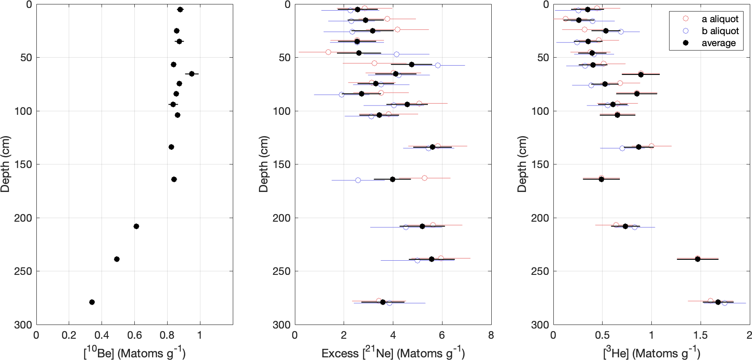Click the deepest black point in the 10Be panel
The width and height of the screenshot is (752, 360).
[92, 302]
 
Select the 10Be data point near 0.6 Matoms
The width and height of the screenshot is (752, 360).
[136, 226]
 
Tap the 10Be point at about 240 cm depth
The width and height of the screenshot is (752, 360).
[117, 259]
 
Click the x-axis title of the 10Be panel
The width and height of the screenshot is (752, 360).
[134, 352]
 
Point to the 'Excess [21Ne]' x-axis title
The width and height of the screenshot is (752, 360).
[393, 352]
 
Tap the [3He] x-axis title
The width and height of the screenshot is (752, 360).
[651, 352]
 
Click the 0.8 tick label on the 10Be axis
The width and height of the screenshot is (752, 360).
[167, 335]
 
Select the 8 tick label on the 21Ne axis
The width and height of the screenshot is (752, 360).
[491, 335]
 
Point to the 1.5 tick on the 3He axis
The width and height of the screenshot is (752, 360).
[700, 335]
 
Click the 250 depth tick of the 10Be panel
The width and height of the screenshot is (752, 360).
[23, 271]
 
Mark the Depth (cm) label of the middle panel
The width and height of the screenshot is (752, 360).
[263, 164]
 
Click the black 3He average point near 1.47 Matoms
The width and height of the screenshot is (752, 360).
[697, 259]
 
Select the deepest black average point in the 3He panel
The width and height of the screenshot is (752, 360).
[718, 302]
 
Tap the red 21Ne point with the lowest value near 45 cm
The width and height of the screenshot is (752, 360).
[328, 52]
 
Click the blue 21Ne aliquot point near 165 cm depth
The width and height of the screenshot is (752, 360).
[358, 180]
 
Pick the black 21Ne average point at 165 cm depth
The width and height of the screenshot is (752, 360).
[392, 179]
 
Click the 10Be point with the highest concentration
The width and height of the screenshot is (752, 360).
[192, 74]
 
